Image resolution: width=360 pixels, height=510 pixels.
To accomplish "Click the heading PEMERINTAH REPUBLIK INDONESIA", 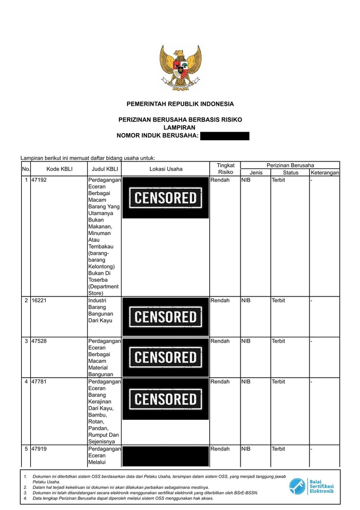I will pos(180,104).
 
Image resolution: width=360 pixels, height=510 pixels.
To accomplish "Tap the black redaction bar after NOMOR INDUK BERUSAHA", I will pos(225,136).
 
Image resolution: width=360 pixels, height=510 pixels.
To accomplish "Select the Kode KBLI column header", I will pos(59,169).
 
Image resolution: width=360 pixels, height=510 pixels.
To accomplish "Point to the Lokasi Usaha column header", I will pos(166,169).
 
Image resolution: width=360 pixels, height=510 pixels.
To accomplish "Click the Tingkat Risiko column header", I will pos(226,169).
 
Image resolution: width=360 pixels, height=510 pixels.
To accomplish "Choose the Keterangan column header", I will pos(324,173).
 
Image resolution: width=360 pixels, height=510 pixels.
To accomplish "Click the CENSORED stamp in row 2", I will pos(166,317).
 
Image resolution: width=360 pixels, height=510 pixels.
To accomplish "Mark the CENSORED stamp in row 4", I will pos(166,399).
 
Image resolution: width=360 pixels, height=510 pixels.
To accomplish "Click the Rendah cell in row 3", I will pos(220,341).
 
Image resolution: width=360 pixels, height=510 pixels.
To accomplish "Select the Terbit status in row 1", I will pos(278,181).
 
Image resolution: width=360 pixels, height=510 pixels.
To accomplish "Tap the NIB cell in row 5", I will pos(246,449).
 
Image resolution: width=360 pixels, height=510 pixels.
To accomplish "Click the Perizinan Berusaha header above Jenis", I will pos(290,165).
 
